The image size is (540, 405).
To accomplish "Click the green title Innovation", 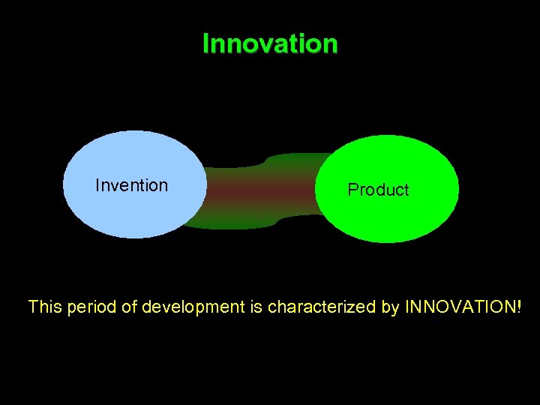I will [270, 43].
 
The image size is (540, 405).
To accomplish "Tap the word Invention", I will [132, 185].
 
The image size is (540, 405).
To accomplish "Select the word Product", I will [378, 190].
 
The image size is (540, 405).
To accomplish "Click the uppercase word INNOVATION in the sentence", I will [460, 307].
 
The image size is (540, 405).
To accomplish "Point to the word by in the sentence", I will [391, 307].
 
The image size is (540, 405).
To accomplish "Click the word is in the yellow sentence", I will [256, 307].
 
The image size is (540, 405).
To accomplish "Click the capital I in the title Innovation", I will [205, 43].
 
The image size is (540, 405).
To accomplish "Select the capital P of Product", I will [352, 190].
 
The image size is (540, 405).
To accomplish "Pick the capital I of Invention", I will [98, 185].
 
